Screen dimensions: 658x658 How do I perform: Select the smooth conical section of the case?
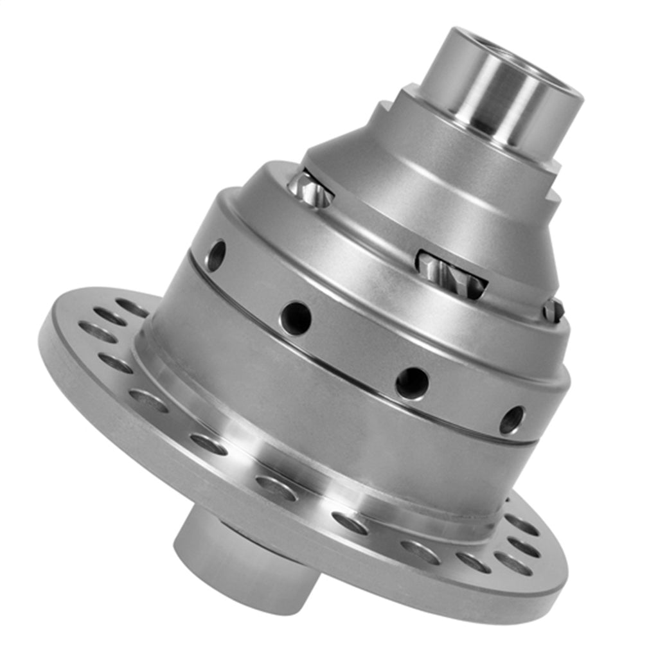pos(411,193)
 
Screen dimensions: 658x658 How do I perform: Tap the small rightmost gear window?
pos(553,311)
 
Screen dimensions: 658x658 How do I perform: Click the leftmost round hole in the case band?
pos(216,255)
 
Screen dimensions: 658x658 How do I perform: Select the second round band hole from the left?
pos(296,317)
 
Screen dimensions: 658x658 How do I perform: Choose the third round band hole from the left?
pos(412,383)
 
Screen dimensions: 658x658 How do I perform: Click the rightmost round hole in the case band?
pos(511,420)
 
